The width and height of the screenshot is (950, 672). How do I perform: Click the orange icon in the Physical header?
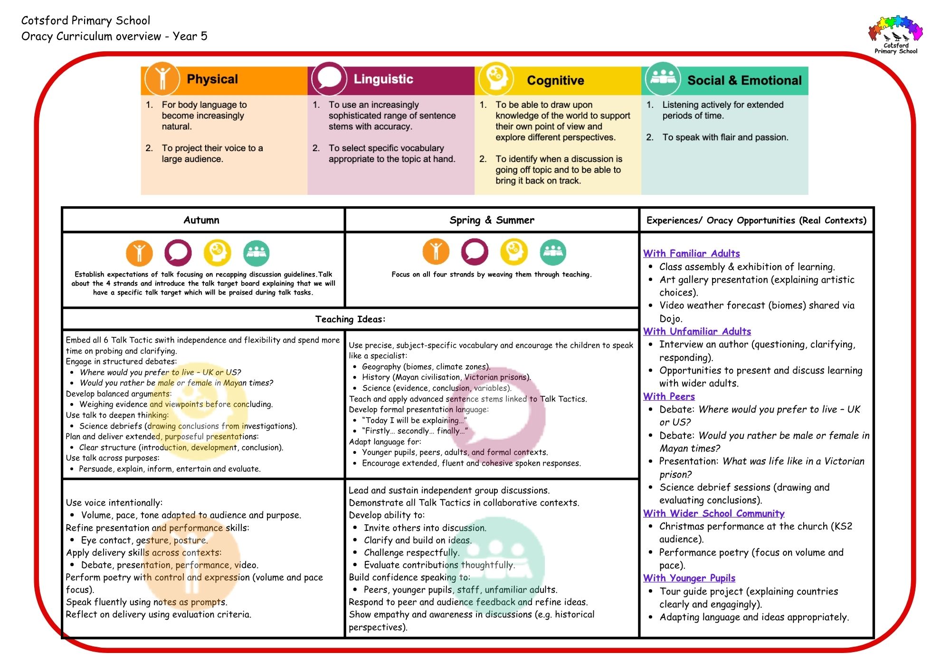pyautogui.click(x=162, y=78)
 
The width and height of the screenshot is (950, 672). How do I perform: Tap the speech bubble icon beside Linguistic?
pyautogui.click(x=329, y=78)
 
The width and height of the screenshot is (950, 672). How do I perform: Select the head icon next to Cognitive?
pyautogui.click(x=496, y=78)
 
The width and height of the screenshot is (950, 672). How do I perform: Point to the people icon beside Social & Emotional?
pyautogui.click(x=663, y=78)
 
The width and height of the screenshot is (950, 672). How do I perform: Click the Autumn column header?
pyautogui.click(x=201, y=220)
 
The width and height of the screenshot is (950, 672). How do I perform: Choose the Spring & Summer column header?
pyautogui.click(x=492, y=220)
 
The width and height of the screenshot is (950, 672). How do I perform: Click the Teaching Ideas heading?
pyautogui.click(x=350, y=319)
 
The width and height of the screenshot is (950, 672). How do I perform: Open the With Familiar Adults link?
pyautogui.click(x=691, y=253)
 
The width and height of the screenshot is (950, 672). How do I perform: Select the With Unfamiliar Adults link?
pyautogui.click(x=697, y=331)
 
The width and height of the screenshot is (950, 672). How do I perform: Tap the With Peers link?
pyautogui.click(x=669, y=396)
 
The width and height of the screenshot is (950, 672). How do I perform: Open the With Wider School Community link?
pyautogui.click(x=713, y=513)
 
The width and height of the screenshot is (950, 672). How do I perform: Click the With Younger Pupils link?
pyautogui.click(x=689, y=578)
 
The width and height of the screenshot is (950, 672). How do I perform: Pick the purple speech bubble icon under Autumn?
pyautogui.click(x=178, y=252)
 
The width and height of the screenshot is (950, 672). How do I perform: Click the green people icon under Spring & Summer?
pyautogui.click(x=553, y=252)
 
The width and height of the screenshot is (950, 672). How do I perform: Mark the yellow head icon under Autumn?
pyautogui.click(x=218, y=252)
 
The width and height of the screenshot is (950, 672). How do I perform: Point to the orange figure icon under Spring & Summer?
pyautogui.click(x=436, y=251)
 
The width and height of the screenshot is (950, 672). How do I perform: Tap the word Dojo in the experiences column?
pyautogui.click(x=670, y=318)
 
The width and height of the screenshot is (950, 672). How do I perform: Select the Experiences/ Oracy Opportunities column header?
pyautogui.click(x=756, y=220)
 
